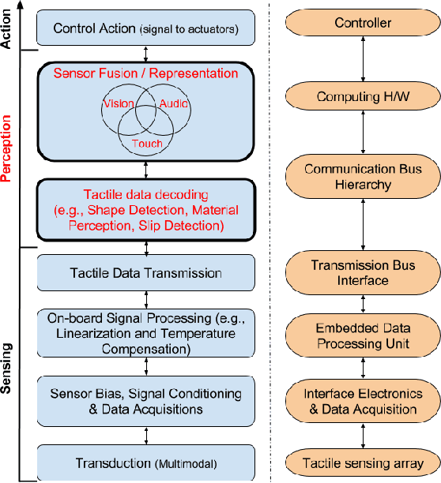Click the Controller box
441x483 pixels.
click(x=363, y=23)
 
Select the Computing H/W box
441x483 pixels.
click(x=363, y=96)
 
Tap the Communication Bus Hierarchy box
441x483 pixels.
click(x=363, y=177)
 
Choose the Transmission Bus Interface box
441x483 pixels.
click(x=363, y=272)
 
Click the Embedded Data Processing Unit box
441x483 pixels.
click(x=363, y=337)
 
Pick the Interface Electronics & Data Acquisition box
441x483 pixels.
click(x=363, y=401)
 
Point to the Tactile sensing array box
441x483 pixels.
click(x=363, y=463)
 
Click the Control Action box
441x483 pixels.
click(x=147, y=29)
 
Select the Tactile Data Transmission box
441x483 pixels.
click(x=147, y=273)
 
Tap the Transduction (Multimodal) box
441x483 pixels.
click(x=147, y=462)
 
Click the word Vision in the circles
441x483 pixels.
click(x=118, y=103)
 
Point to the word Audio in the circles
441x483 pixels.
click(x=174, y=103)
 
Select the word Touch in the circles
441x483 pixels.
click(x=147, y=144)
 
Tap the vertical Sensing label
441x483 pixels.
click(x=9, y=368)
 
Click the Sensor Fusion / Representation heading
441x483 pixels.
click(x=145, y=73)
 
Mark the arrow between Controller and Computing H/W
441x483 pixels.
click(x=363, y=59)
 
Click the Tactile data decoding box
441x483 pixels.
click(x=147, y=210)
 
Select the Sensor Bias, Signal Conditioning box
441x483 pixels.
click(x=147, y=401)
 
